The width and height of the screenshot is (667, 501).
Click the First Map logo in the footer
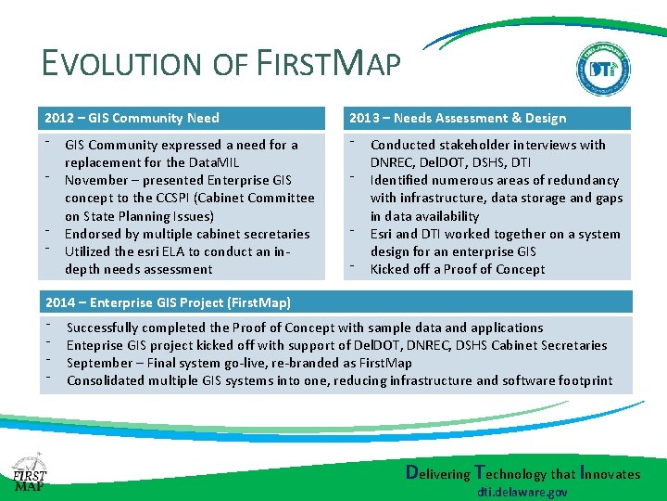pyautogui.click(x=29, y=474)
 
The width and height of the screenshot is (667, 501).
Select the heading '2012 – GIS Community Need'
pyautogui.click(x=132, y=118)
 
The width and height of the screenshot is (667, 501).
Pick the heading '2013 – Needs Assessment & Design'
pyautogui.click(x=458, y=118)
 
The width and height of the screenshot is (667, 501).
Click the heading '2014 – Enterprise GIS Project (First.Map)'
pyautogui.click(x=168, y=302)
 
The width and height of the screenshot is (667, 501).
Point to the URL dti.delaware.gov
pyautogui.click(x=522, y=492)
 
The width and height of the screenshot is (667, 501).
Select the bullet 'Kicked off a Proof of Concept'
pyautogui.click(x=458, y=269)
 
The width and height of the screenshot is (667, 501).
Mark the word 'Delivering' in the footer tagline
pyautogui.click(x=439, y=473)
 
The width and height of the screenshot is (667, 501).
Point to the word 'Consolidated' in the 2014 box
pyautogui.click(x=107, y=380)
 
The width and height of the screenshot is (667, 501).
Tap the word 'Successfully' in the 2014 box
pyautogui.click(x=103, y=328)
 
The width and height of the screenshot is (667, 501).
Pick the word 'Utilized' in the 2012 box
pyautogui.click(x=89, y=251)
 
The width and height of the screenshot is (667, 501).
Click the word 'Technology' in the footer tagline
pyautogui.click(x=512, y=473)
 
